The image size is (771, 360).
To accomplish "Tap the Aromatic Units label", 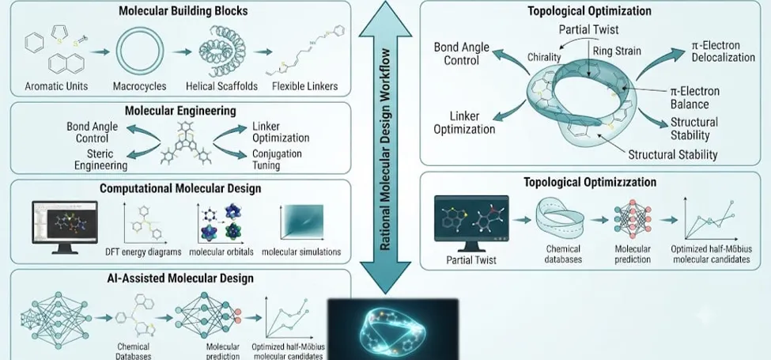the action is (57, 86).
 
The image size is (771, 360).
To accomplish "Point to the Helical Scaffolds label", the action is (221, 86).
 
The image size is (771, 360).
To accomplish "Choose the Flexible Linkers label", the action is (305, 86).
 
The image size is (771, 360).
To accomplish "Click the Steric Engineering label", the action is (100, 159).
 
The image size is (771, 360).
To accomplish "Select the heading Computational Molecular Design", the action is (180, 189).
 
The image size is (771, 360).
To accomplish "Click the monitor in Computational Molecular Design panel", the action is (65, 227).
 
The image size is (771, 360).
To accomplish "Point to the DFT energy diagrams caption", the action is (150, 252).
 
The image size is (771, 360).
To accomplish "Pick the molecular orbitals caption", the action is (221, 252).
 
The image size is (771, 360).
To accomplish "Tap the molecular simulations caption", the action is (301, 252).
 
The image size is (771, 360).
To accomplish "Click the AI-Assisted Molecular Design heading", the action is (180, 279).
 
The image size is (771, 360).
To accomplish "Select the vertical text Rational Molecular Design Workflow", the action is (386, 150).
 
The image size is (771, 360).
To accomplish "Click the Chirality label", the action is (544, 58).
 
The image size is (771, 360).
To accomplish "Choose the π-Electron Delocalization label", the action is (722, 51).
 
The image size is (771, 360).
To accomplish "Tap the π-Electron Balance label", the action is (695, 98).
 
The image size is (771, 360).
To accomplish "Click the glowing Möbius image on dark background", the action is (393, 329).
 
